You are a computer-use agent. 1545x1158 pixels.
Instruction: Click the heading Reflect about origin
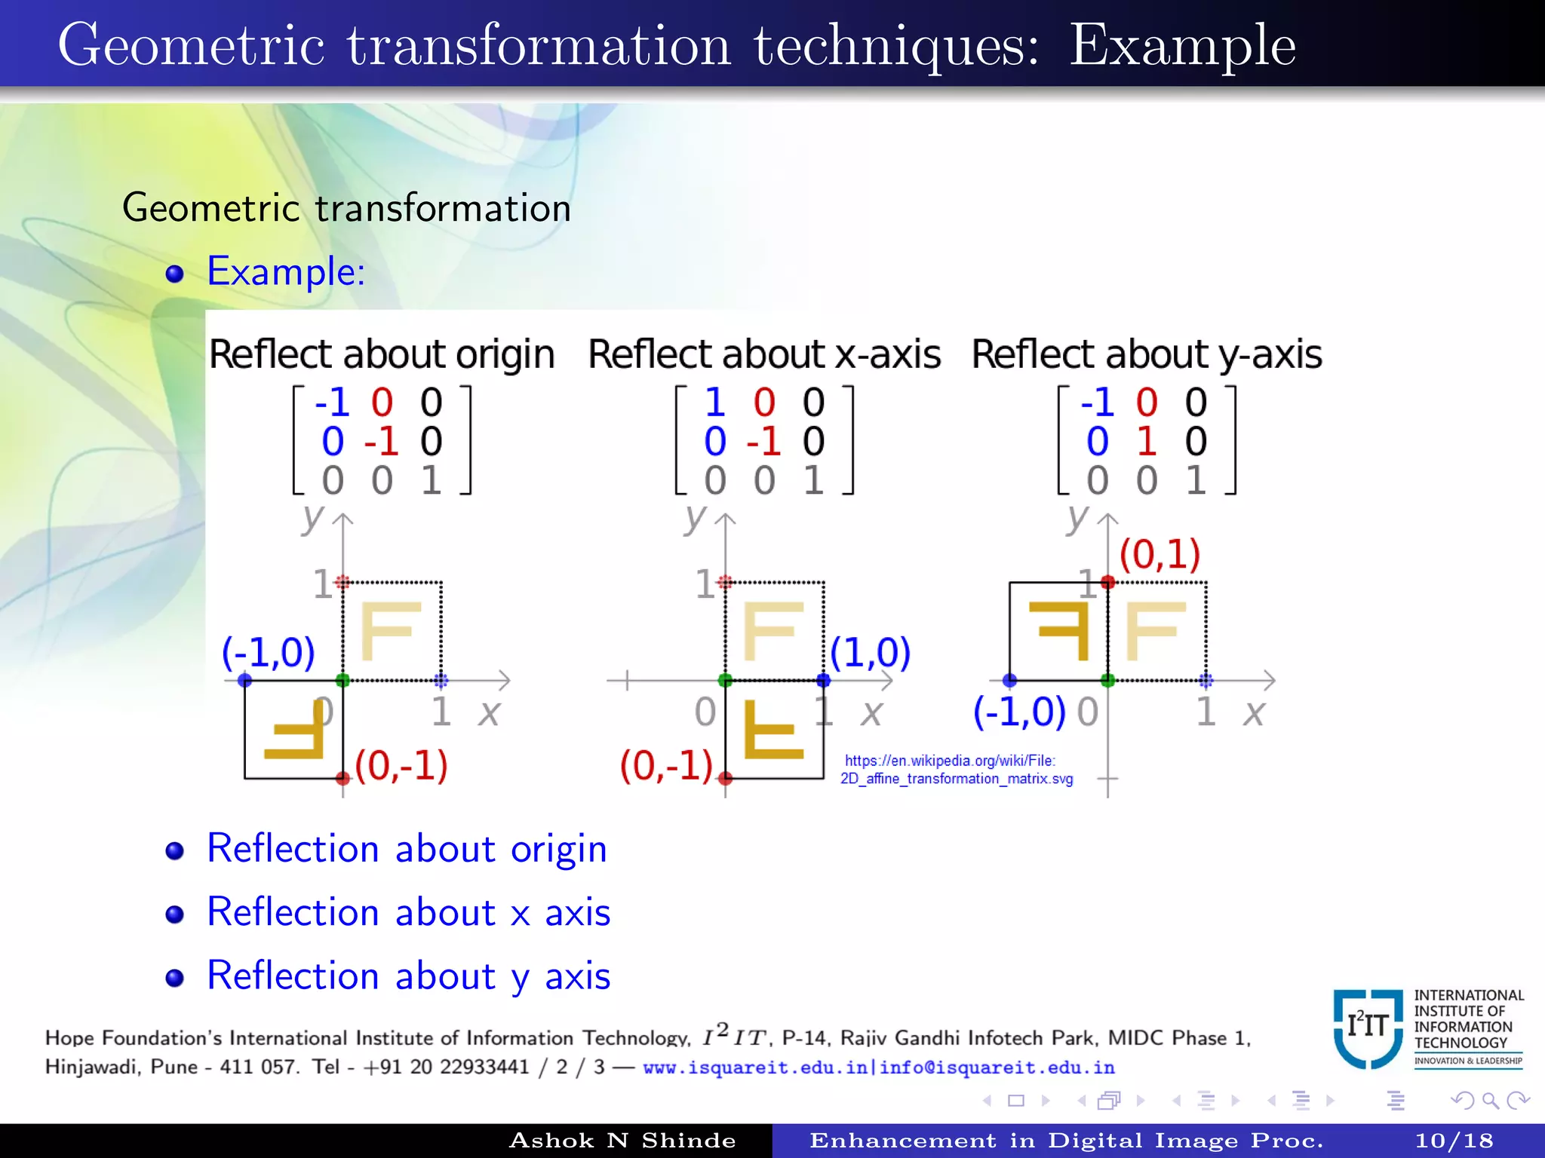tap(382, 354)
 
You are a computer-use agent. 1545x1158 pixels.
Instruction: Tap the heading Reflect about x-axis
tap(763, 354)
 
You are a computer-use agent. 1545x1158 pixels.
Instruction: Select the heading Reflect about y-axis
tap(1146, 354)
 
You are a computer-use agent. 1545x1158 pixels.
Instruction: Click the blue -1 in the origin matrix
tap(332, 402)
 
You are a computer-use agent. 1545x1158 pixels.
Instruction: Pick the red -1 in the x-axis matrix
tap(763, 441)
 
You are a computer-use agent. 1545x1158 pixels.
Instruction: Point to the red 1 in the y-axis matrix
tap(1147, 441)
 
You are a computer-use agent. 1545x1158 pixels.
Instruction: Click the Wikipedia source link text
tap(956, 770)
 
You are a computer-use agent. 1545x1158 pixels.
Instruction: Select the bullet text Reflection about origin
tap(407, 848)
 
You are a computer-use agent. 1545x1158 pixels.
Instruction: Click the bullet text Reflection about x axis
tap(408, 912)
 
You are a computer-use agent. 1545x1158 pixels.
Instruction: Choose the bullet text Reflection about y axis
tap(408, 976)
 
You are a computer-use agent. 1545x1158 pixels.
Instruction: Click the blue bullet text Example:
tap(286, 271)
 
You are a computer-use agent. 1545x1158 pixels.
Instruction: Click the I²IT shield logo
tap(1367, 1028)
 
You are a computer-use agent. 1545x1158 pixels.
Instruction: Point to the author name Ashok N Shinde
tap(622, 1141)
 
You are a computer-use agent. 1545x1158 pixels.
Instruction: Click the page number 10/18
tap(1454, 1141)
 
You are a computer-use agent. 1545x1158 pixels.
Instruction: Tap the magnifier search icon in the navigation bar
tap(1490, 1101)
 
